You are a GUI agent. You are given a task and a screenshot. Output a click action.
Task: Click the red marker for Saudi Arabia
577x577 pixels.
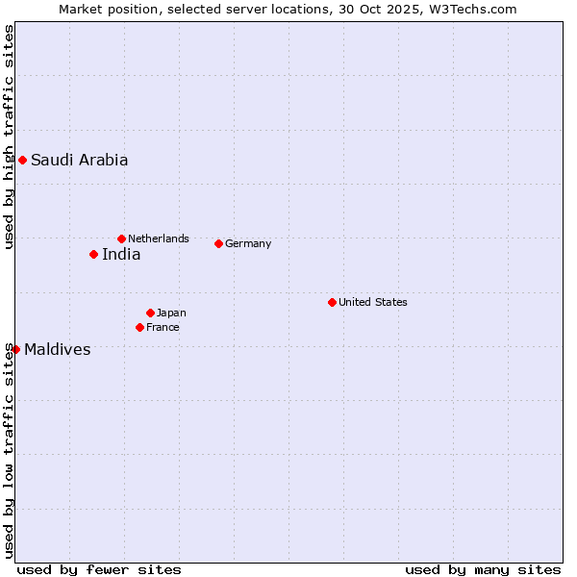22,160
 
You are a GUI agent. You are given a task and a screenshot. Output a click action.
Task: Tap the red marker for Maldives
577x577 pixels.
15,349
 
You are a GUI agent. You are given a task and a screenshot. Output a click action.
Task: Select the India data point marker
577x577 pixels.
93,254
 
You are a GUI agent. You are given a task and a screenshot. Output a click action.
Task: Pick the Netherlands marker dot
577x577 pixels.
121,238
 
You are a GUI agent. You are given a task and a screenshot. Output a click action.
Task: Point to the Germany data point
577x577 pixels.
218,243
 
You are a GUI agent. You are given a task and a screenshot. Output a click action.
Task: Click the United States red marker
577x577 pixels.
332,302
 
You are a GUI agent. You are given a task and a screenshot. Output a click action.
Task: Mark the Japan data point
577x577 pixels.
150,313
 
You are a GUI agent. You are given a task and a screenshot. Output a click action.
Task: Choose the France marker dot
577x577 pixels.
139,327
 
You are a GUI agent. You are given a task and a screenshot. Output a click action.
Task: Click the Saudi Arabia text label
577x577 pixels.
79,161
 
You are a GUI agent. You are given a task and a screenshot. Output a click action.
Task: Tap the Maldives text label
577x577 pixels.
58,350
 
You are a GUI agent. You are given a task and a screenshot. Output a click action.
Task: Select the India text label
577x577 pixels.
121,255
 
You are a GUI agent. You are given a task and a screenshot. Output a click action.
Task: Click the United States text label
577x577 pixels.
373,302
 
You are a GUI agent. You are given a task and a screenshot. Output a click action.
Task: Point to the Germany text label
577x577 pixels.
248,244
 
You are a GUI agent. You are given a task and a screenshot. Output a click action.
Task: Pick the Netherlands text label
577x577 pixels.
159,238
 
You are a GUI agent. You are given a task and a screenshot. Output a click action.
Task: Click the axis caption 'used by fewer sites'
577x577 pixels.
99,569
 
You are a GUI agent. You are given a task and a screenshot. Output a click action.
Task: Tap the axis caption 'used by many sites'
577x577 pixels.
483,569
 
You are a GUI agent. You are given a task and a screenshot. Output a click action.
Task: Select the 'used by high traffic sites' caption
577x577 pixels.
9,137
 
